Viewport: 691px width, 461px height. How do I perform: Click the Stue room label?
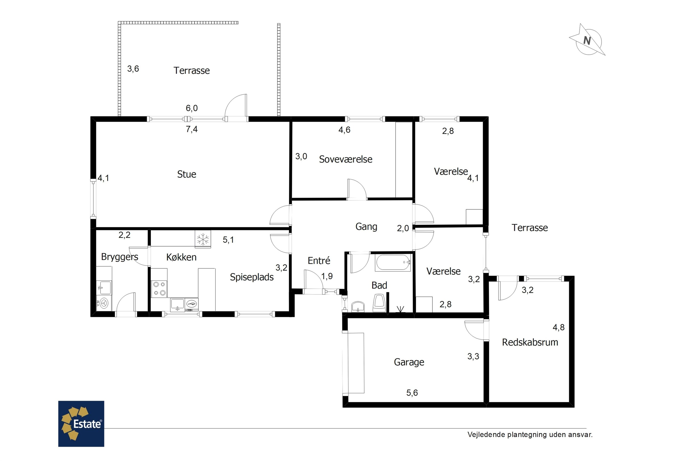pyautogui.click(x=187, y=174)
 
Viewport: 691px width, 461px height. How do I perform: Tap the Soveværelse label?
pyautogui.click(x=345, y=159)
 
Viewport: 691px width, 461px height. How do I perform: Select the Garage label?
pyautogui.click(x=409, y=362)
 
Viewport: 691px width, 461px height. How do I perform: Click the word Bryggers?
pyautogui.click(x=120, y=257)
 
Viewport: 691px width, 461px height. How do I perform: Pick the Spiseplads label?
pyautogui.click(x=252, y=277)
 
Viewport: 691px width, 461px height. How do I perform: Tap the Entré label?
pyautogui.click(x=319, y=260)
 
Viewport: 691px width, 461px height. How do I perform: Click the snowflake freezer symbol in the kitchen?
pyautogui.click(x=203, y=239)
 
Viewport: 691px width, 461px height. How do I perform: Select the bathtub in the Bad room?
pyautogui.click(x=393, y=263)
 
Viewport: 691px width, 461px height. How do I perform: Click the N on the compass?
pyautogui.click(x=587, y=41)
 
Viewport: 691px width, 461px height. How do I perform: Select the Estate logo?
pyautogui.click(x=81, y=424)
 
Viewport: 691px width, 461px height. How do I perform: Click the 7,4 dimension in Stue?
pyautogui.click(x=192, y=129)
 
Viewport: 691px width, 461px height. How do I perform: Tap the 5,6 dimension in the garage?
pyautogui.click(x=412, y=393)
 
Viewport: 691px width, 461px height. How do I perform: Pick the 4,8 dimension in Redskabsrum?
pyautogui.click(x=559, y=327)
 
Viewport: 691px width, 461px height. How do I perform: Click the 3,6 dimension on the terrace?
pyautogui.click(x=133, y=69)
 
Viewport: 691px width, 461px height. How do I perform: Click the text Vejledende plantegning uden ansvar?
pyautogui.click(x=530, y=434)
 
